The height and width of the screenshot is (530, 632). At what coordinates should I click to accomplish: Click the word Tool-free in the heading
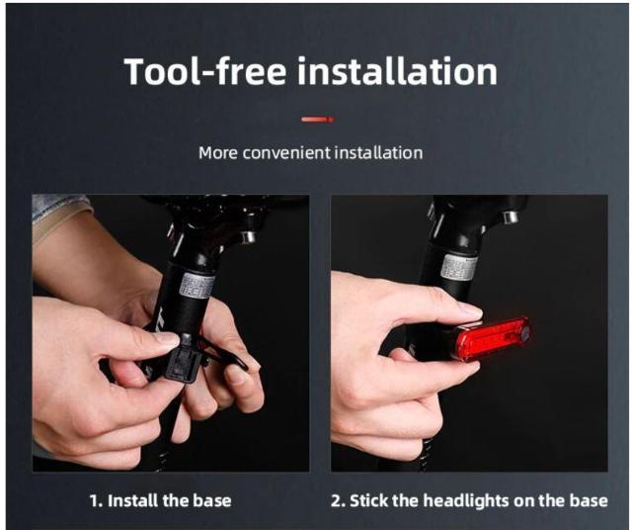tap(205, 71)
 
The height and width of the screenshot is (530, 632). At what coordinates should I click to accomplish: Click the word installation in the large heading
tap(397, 71)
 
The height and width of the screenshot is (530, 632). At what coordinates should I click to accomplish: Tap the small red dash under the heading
tap(318, 119)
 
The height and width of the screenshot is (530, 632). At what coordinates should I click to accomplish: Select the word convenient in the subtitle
tap(286, 153)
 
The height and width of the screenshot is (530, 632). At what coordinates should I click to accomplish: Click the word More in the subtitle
tap(218, 153)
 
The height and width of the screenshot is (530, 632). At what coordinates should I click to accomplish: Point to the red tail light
tap(491, 339)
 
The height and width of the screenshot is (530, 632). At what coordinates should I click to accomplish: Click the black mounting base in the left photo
tap(185, 357)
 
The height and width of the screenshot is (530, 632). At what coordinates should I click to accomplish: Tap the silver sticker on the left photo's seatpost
tap(197, 285)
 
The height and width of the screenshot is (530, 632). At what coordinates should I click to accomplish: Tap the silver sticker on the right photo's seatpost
tap(459, 269)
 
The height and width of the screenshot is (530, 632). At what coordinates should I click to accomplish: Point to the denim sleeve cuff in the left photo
tap(61, 208)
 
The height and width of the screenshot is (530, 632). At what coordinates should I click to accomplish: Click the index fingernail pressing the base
tap(167, 339)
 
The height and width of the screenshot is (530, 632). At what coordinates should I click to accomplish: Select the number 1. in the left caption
tap(96, 501)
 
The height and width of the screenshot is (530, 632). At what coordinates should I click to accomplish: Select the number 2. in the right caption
tap(338, 501)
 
